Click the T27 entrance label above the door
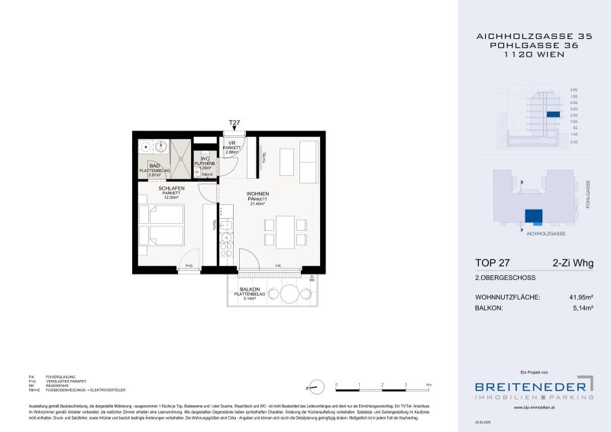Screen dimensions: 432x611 click(x=234, y=122)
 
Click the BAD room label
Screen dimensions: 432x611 click(x=154, y=165)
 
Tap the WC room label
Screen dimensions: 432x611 click(x=205, y=158)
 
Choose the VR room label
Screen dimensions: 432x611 click(x=232, y=144)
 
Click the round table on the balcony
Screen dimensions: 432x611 click(x=291, y=294)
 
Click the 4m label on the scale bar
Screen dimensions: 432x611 click(x=430, y=384)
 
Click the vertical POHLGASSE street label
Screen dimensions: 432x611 click(x=588, y=195)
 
